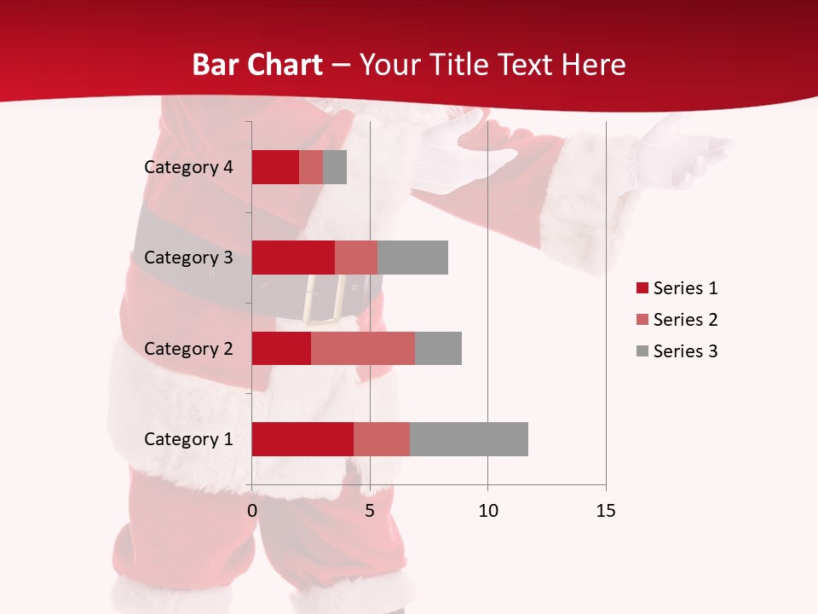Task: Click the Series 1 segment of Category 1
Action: pos(302,439)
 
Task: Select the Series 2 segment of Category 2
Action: pos(363,348)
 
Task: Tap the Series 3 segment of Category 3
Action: pos(412,258)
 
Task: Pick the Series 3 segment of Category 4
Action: pos(335,167)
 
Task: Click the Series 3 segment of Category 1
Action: pos(469,439)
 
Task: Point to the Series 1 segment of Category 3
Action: pos(293,258)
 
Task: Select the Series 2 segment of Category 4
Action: pos(311,167)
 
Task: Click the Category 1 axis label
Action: pos(188,439)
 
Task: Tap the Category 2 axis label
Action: pos(188,348)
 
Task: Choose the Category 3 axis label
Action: pos(188,258)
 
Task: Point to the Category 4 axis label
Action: pos(188,167)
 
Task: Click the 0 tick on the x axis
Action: pos(251,511)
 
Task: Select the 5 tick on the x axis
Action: pos(370,511)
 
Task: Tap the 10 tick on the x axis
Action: pos(487,511)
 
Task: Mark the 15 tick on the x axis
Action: pos(605,511)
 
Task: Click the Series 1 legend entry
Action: pos(677,288)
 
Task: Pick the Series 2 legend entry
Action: pos(677,320)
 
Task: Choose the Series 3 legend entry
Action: pos(677,351)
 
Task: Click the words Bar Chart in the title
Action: pos(257,65)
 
